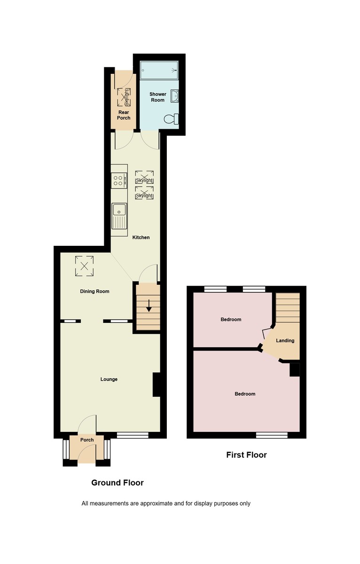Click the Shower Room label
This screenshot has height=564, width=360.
click(157, 97)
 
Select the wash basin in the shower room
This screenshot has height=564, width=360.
click(174, 96)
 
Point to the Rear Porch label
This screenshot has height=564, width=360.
click(124, 115)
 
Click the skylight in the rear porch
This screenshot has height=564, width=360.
click(125, 97)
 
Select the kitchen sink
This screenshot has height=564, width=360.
click(119, 217)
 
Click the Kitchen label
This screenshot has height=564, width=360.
click(141, 237)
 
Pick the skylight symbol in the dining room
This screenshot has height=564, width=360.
click(84, 265)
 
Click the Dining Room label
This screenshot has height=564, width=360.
click(94, 291)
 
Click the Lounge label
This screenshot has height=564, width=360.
click(109, 379)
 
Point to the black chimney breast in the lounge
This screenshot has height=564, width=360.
click(157, 384)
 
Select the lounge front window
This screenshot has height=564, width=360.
click(133, 436)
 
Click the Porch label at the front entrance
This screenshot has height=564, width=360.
click(87, 440)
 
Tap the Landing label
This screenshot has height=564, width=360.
click(285, 341)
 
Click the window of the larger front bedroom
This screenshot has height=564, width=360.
click(272, 435)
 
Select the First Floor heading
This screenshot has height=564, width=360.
click(246, 455)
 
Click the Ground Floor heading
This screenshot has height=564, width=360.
click(117, 483)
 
